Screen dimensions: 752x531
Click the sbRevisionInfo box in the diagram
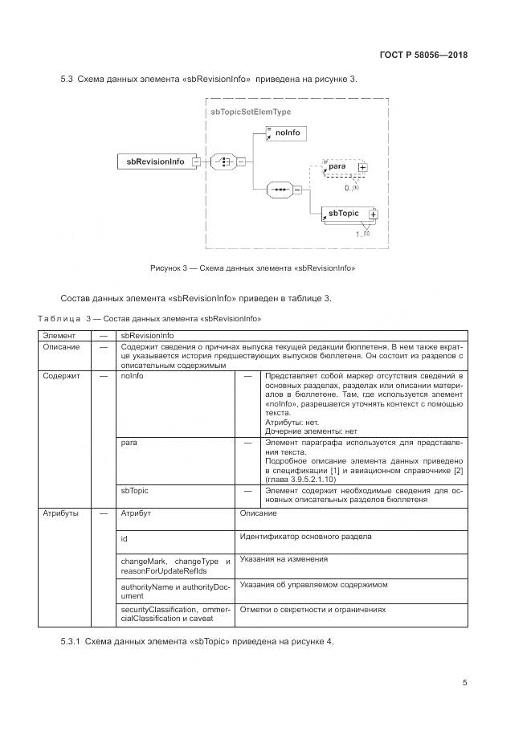coord(155,161)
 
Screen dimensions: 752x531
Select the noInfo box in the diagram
coord(286,132)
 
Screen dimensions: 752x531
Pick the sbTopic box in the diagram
coord(344,214)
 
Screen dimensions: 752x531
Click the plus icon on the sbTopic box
coord(373,215)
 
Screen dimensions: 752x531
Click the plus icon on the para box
coord(362,168)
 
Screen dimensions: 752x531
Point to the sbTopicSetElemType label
coord(250,112)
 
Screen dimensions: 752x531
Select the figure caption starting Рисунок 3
coord(252,268)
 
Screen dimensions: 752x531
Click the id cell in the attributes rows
coord(125,538)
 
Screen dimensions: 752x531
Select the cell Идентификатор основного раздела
coord(305,536)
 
